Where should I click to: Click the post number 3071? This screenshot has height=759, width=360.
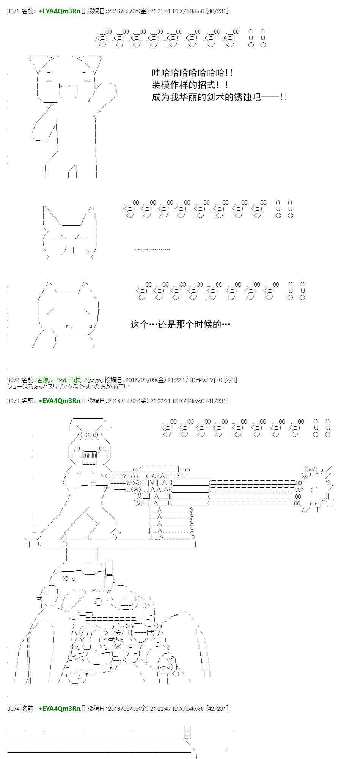(x=13, y=11)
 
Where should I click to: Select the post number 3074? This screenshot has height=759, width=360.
(x=13, y=708)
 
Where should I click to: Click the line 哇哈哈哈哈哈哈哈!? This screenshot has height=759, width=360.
(x=192, y=72)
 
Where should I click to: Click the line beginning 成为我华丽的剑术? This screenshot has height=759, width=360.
(x=219, y=97)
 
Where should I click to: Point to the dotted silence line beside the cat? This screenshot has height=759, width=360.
(x=152, y=249)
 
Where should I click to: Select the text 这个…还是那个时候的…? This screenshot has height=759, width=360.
(x=180, y=324)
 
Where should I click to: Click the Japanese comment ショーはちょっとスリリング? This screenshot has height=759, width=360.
(x=68, y=386)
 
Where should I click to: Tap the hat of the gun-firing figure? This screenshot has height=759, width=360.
(x=88, y=423)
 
